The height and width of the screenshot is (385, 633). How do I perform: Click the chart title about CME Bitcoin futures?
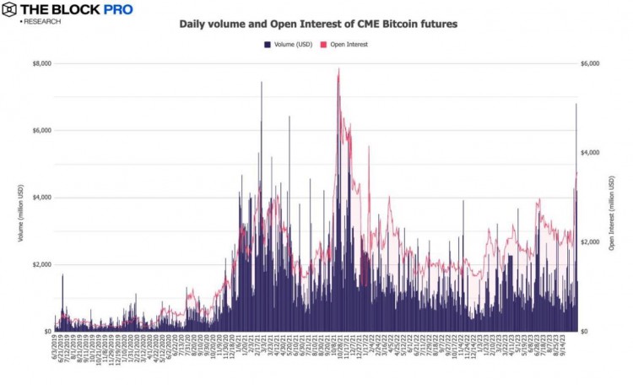318,24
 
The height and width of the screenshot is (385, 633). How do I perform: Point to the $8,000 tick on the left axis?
41,63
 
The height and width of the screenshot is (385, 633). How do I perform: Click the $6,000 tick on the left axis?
41,130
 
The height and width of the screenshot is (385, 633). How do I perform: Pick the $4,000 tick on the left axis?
41,197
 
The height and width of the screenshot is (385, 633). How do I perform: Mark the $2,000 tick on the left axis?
41,264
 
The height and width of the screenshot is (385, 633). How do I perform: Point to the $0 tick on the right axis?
585,331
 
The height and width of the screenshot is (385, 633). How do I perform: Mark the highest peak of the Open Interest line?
338,70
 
